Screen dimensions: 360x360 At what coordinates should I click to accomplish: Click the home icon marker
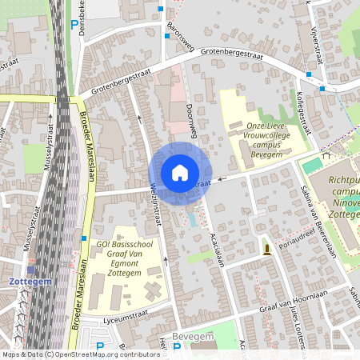click(x=180, y=172)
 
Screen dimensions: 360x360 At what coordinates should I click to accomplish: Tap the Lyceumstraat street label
click(x=118, y=318)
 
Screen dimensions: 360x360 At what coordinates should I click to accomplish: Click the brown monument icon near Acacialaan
click(x=266, y=250)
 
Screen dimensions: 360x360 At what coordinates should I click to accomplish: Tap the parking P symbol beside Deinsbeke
click(x=74, y=26)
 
